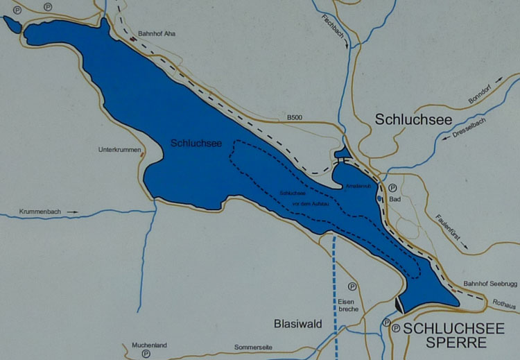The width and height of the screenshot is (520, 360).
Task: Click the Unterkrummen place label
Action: click(119, 150)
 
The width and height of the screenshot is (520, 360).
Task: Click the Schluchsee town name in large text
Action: click(414, 119)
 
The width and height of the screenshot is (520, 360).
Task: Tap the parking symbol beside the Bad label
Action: click(392, 187)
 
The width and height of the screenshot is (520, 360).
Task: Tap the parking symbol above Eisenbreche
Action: click(352, 286)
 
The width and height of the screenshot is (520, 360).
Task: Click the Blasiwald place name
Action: click(295, 324)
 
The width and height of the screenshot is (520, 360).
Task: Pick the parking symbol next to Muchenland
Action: click(146, 353)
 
